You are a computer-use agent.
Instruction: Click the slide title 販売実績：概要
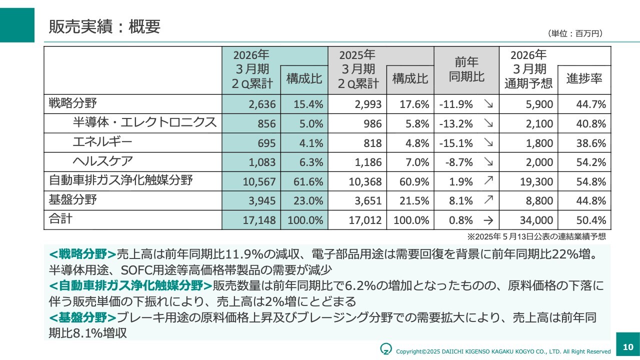point(104,26)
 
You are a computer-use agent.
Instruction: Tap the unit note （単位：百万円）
point(575,33)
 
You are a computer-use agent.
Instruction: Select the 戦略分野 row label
point(72,103)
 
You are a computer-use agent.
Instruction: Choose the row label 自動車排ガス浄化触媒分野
point(120,180)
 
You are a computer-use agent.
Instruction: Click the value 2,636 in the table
point(262,104)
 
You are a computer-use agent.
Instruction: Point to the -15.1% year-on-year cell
point(455,143)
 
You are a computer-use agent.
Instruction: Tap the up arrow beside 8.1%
point(488,200)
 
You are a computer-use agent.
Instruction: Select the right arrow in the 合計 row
point(488,220)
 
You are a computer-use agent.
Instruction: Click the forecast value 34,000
point(536,220)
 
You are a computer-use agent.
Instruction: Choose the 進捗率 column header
point(584,78)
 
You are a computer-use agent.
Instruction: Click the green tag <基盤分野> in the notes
point(83,317)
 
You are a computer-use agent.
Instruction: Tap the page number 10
point(628,346)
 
